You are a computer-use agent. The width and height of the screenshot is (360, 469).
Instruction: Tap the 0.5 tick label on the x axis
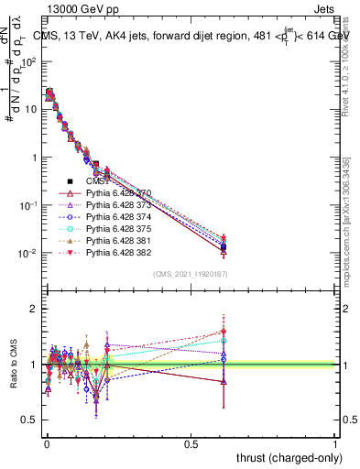[191, 442]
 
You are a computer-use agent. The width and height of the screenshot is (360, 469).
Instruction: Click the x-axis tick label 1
[336, 442]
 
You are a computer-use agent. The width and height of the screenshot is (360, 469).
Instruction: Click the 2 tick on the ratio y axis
[35, 309]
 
